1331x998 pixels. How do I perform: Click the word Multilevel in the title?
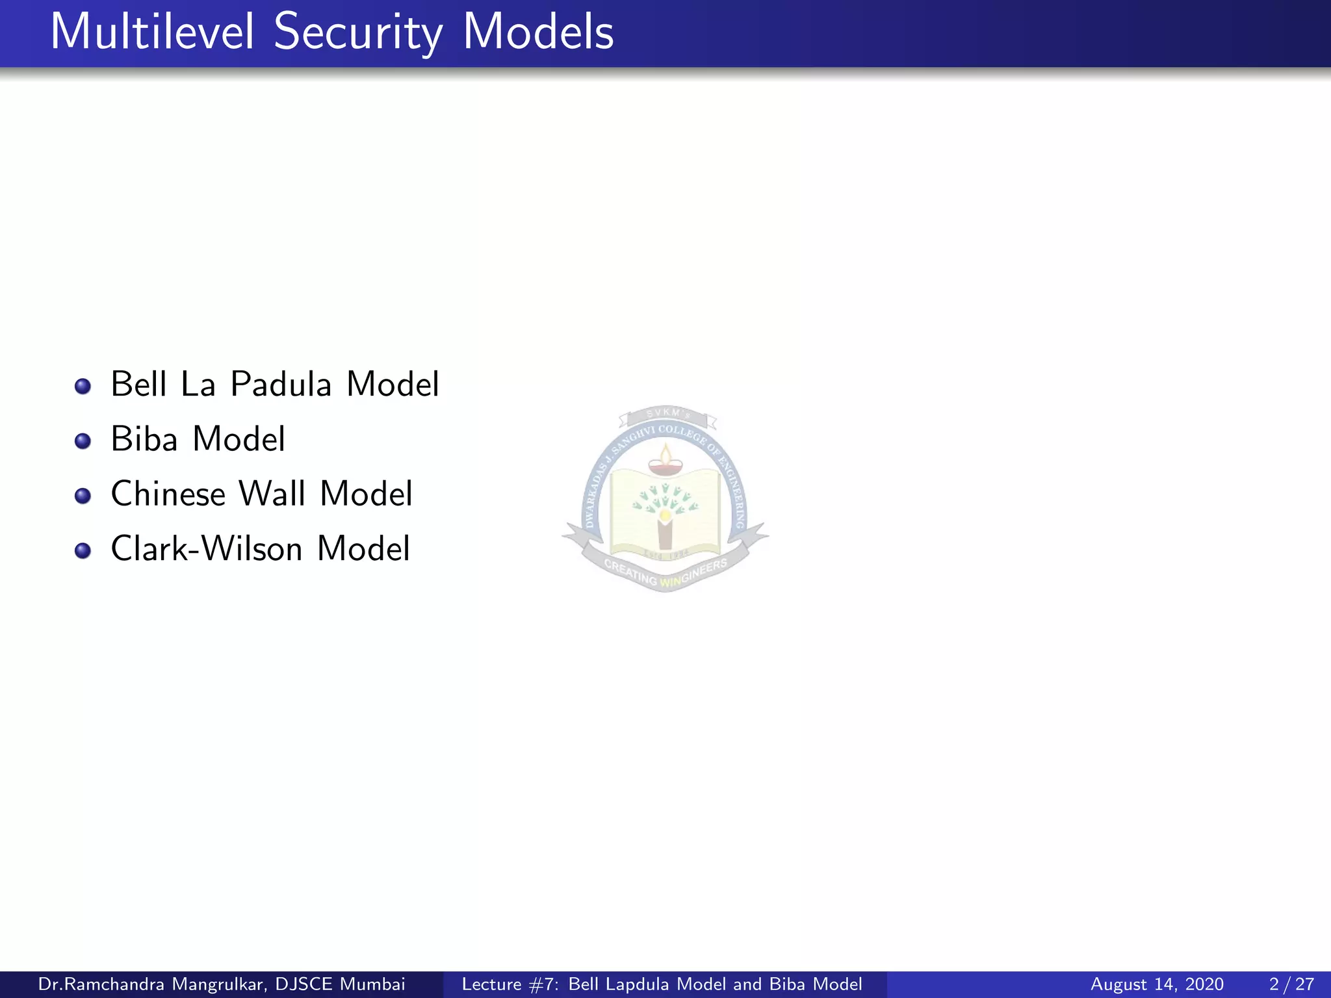[152, 32]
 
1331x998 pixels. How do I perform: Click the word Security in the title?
[358, 32]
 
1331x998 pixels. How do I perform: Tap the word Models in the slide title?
[538, 32]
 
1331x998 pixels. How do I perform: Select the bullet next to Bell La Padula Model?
[83, 387]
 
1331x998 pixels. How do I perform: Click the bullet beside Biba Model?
[83, 441]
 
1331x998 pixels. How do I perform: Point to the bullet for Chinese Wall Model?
[83, 496]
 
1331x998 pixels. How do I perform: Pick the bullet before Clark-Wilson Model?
[83, 551]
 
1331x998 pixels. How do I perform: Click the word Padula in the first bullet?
[281, 384]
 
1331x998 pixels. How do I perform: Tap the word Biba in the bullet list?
[144, 439]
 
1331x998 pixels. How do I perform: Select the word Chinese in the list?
[168, 494]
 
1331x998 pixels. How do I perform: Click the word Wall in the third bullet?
[272, 494]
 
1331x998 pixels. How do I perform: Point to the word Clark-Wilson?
[207, 548]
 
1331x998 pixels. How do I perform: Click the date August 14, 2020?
[1157, 984]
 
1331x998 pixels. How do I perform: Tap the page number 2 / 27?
[1291, 984]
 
